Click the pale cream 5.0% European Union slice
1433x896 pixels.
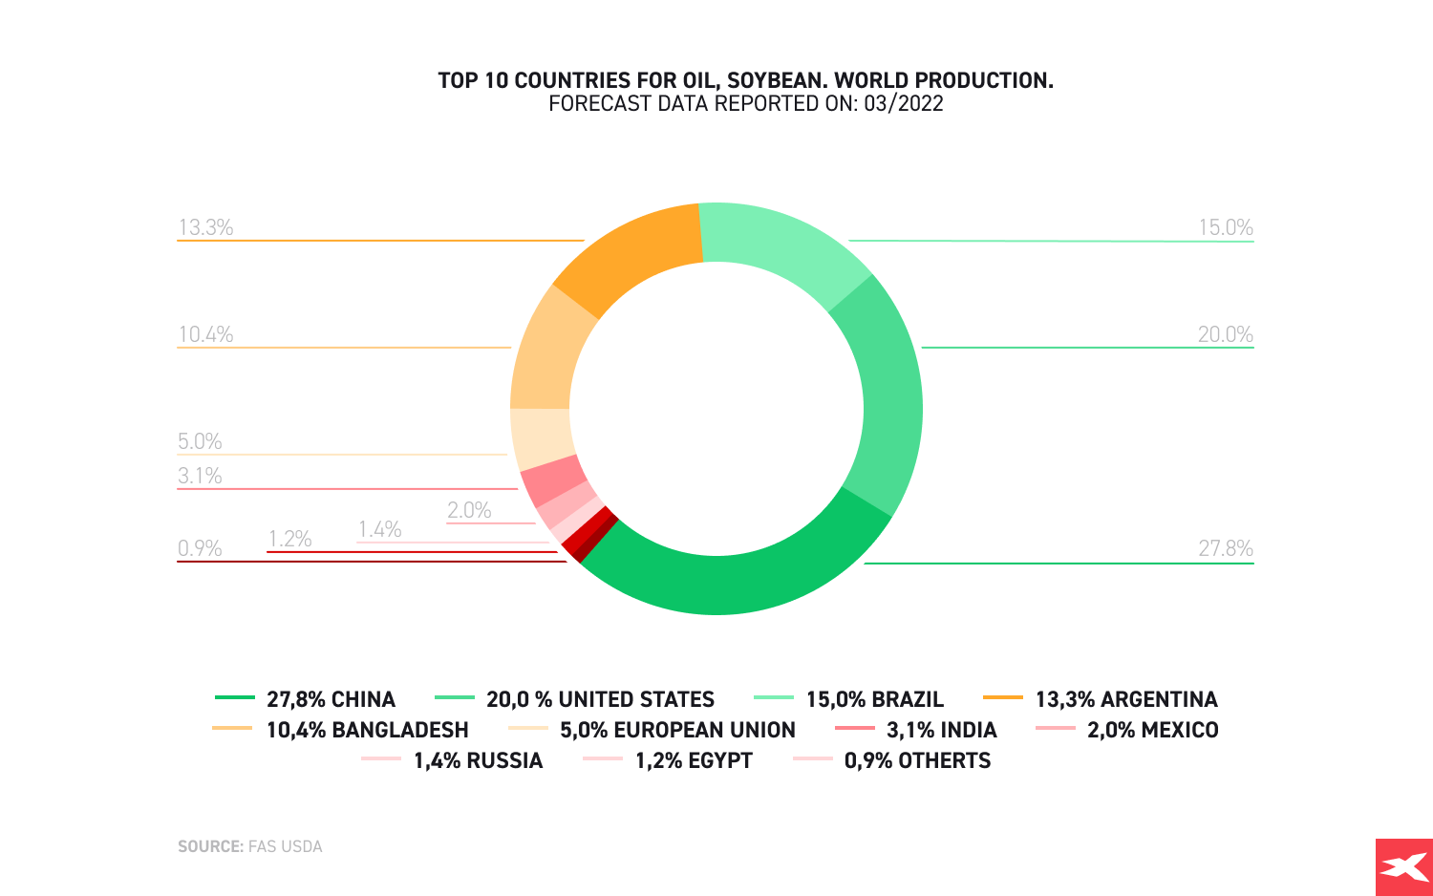541,437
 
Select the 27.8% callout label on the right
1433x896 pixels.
1225,548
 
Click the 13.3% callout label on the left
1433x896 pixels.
205,227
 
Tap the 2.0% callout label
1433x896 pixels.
469,510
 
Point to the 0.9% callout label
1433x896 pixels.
200,548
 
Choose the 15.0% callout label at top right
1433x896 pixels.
1225,227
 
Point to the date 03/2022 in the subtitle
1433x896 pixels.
903,103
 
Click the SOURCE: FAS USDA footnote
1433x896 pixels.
250,846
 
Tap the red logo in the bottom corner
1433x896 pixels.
1403,867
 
